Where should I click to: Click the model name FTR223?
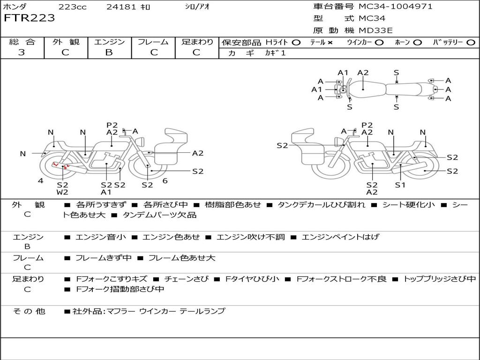point(29,18)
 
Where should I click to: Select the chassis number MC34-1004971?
point(395,7)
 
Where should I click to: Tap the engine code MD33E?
point(375,30)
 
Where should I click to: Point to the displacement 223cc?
point(72,7)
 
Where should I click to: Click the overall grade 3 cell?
point(22,52)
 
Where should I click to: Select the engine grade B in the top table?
point(109,52)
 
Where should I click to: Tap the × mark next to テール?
point(330,43)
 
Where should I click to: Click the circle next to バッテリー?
point(471,43)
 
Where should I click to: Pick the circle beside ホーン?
point(418,43)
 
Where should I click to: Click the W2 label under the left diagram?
point(62,192)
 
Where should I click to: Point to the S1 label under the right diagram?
point(400,185)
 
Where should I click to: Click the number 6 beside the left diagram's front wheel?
point(165,181)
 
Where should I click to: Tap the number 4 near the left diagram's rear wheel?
point(41,181)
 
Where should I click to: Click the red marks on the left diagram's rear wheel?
point(61,165)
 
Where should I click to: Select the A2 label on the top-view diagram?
point(363,73)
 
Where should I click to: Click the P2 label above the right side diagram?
point(367,125)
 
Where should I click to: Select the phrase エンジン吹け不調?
point(250,237)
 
